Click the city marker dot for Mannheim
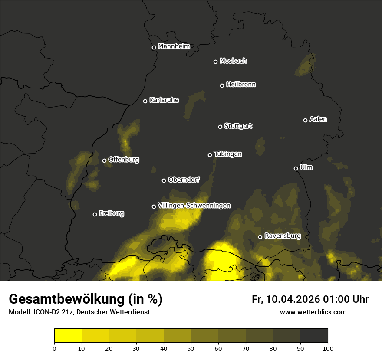[x=154, y=48]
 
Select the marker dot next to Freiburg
[x=95, y=214]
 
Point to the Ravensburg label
[x=283, y=236]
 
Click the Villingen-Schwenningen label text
[x=194, y=206]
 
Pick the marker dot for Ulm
[x=296, y=168]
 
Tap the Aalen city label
[x=318, y=119]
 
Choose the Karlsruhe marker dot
[x=145, y=101]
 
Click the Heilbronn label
[x=241, y=85]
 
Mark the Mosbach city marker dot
[x=215, y=62]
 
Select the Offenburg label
[x=124, y=160]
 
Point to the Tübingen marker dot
[x=210, y=155]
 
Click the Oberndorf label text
[x=184, y=180]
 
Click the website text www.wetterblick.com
[x=313, y=312]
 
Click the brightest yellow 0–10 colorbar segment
[x=68, y=335]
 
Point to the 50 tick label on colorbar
[x=191, y=348]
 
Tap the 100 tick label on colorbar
[x=328, y=348]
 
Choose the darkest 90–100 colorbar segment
[x=314, y=335]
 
